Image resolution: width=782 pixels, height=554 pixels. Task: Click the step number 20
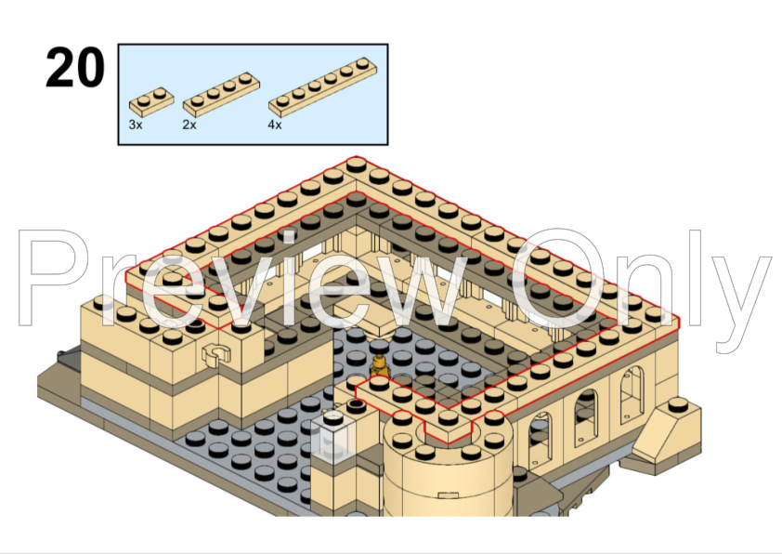[75, 67]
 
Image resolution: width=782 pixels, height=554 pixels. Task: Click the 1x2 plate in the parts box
[151, 102]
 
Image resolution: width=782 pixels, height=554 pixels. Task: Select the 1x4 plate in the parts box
[221, 94]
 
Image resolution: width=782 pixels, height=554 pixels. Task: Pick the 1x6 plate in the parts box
[322, 86]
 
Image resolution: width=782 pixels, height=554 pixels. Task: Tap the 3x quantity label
[136, 125]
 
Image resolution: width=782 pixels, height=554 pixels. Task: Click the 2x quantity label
[189, 125]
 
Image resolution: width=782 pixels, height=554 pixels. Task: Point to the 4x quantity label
[274, 125]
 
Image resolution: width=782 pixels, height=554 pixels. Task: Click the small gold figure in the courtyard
[380, 366]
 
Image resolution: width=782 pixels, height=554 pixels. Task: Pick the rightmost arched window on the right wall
[632, 391]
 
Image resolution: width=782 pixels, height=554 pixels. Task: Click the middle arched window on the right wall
[587, 415]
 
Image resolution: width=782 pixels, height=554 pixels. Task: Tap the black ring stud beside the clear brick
[356, 404]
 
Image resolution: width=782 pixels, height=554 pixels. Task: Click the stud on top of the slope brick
[678, 404]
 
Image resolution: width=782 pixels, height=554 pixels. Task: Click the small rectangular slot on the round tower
[448, 495]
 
